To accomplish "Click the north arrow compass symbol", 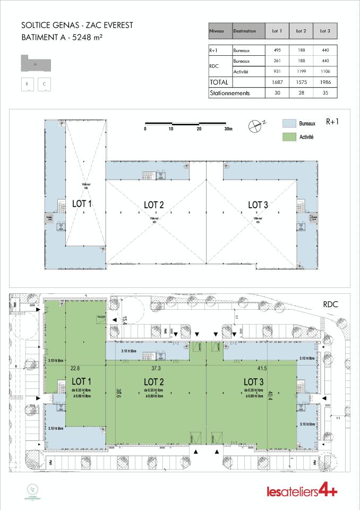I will (255, 126).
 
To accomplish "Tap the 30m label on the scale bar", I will (228, 129).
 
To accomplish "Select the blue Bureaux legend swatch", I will (289, 123).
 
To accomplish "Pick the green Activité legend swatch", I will (289, 137).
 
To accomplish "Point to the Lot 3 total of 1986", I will (324, 82).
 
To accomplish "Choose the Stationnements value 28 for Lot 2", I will (301, 93).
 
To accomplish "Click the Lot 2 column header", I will (301, 31).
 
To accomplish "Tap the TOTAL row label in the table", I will (219, 82).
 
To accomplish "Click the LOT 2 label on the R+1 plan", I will (153, 205).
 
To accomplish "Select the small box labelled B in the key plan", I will (27, 84).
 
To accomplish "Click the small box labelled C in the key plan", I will (45, 84).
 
